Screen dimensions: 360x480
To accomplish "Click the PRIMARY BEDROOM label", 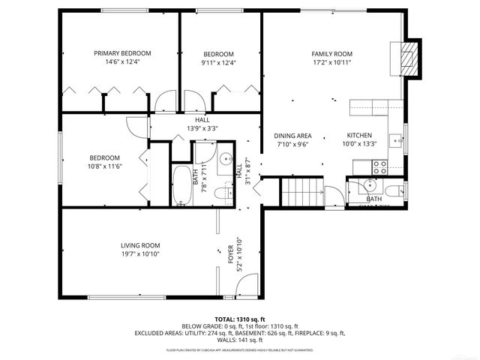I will point(122,53).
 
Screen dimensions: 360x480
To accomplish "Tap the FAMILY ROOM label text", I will point(331,54).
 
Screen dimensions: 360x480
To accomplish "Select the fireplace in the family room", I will point(406,58).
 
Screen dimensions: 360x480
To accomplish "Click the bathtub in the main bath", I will point(182,185).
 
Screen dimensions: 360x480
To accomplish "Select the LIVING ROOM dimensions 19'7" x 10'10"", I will point(140,255).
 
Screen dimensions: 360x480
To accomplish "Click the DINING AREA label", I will point(292,136).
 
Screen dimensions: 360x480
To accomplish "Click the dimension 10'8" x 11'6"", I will point(106,166).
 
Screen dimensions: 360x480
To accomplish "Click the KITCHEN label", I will point(359,136).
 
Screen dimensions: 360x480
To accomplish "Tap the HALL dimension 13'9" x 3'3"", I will point(202,129).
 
